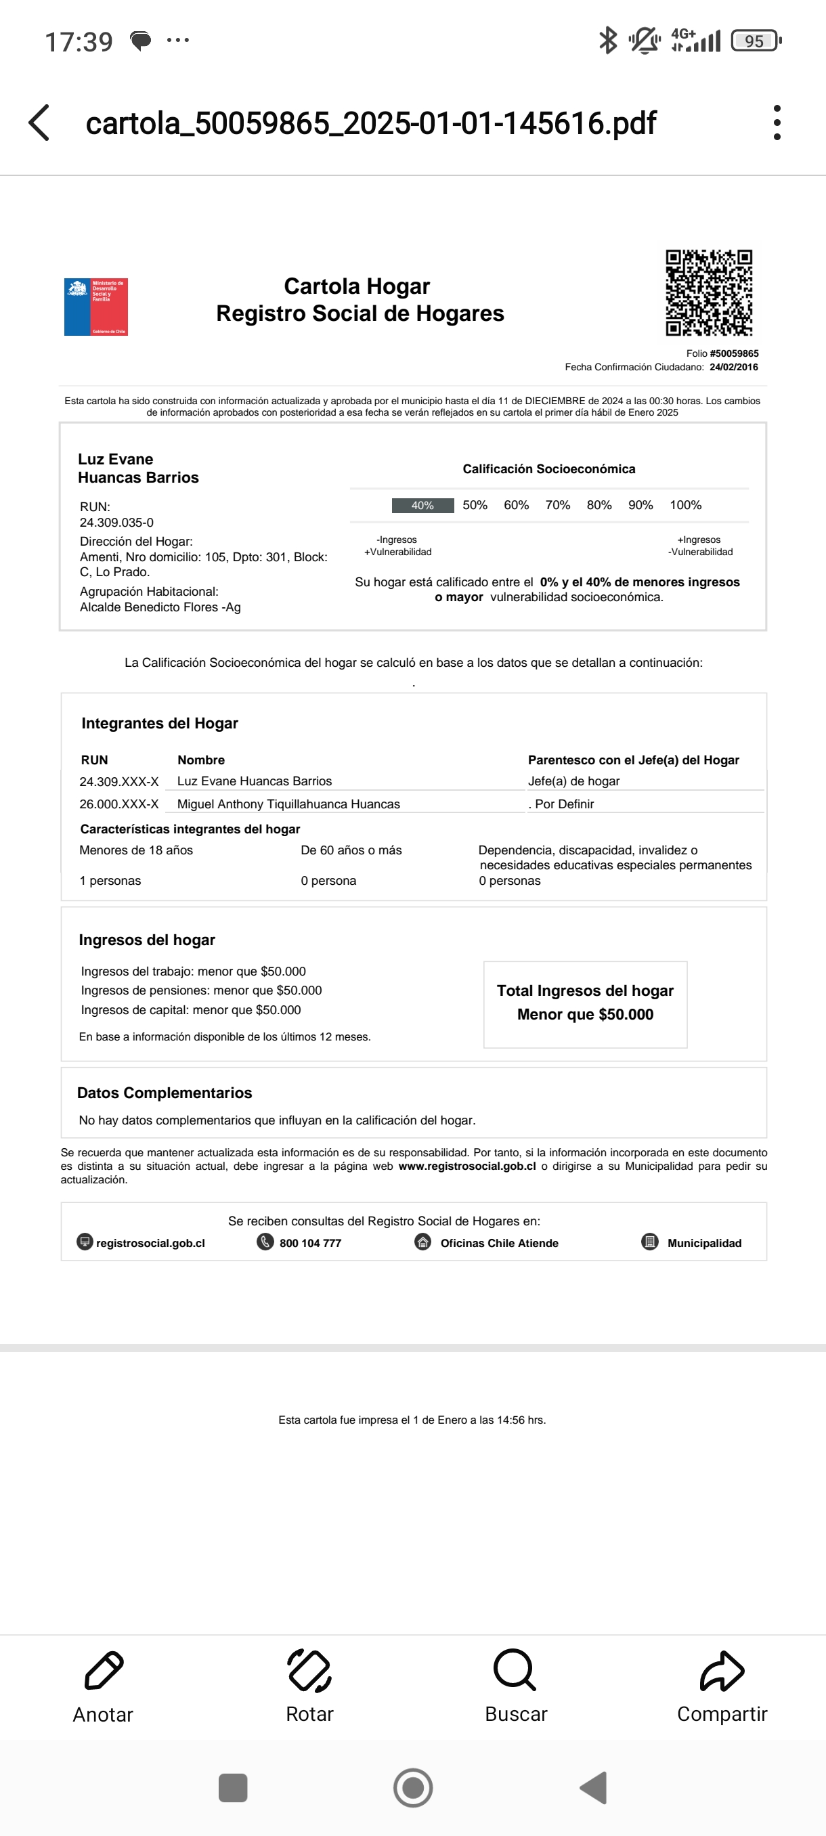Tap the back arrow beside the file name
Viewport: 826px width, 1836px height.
tap(40, 123)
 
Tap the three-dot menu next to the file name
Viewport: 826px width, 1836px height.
tap(777, 123)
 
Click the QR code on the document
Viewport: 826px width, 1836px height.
tap(708, 292)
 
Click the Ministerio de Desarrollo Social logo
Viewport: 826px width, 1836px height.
tap(95, 307)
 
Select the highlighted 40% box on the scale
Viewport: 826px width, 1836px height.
tap(422, 505)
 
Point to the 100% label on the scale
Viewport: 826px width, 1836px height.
tap(685, 505)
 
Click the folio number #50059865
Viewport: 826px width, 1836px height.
tap(734, 353)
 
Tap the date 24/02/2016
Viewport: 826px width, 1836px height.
tap(733, 367)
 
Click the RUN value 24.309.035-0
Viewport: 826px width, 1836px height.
tap(116, 523)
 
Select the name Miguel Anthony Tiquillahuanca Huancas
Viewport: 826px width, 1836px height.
tap(288, 804)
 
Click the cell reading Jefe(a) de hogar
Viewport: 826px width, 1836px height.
tap(573, 781)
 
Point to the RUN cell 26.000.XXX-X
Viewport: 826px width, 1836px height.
tap(119, 804)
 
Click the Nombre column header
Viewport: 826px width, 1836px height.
tap(201, 760)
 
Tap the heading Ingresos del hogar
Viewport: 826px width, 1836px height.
tap(147, 940)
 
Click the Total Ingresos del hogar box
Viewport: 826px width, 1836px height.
tap(585, 1003)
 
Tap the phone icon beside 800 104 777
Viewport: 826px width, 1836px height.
tap(265, 1242)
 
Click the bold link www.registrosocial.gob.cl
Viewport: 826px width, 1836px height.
tap(466, 1166)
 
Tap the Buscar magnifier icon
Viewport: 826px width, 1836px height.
tap(515, 1670)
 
